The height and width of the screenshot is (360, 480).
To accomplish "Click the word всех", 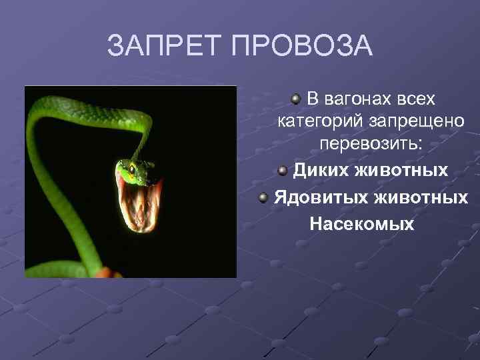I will [x=413, y=99].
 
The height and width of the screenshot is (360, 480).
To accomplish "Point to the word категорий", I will [x=320, y=122].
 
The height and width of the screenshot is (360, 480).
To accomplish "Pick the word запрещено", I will [x=417, y=122].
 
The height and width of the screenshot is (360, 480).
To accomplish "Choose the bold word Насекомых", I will [x=361, y=224].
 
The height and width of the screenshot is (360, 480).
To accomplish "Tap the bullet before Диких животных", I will [x=283, y=171].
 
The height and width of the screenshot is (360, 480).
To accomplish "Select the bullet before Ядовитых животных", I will [x=264, y=198].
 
